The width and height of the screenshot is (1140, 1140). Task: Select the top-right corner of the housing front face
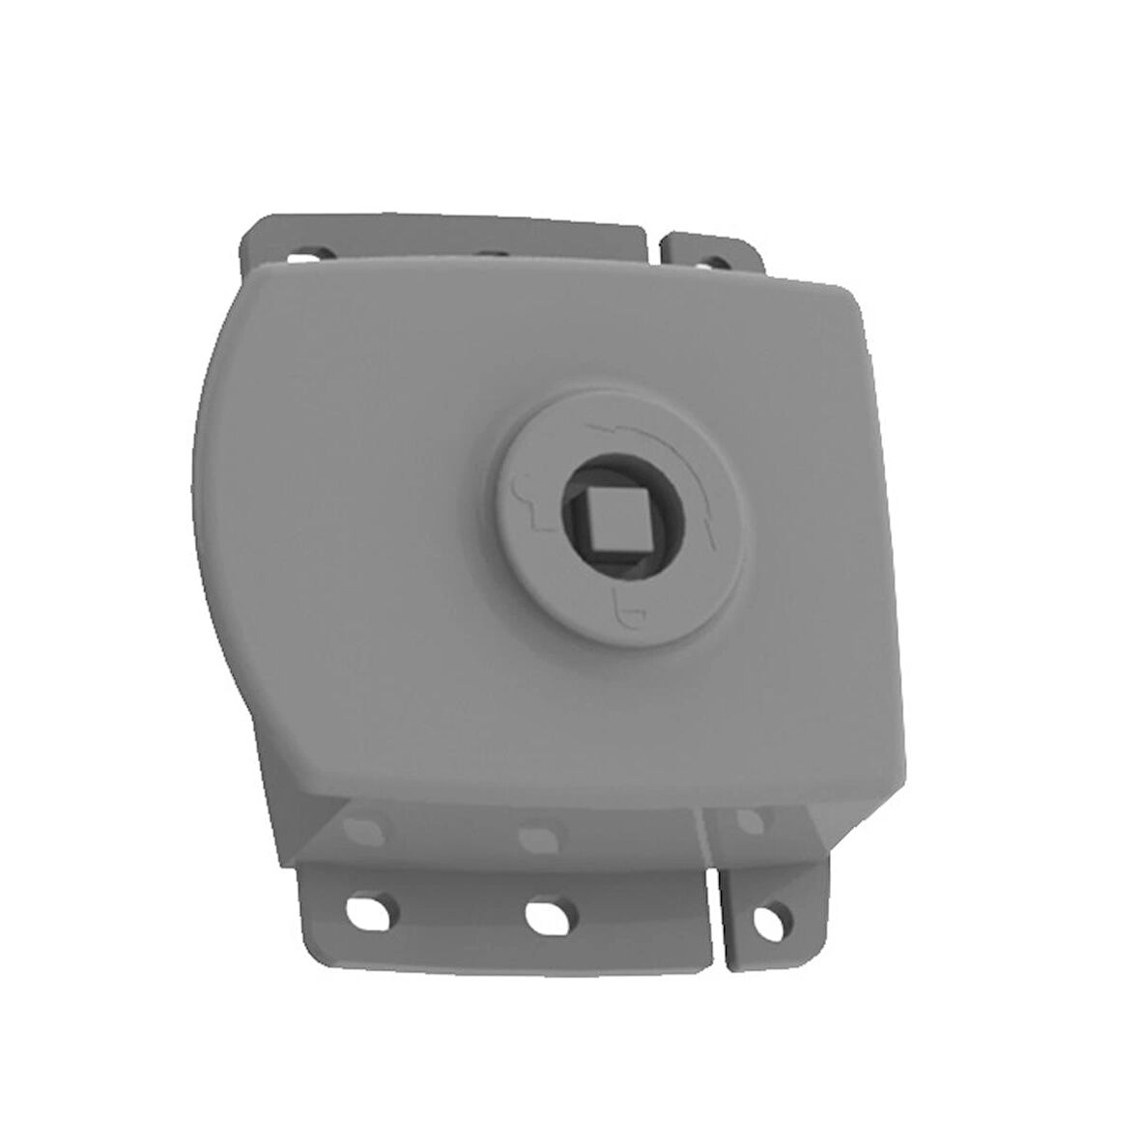point(850,290)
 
